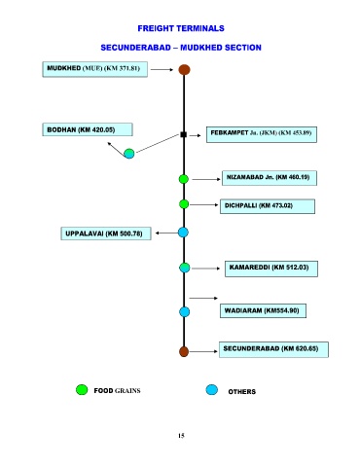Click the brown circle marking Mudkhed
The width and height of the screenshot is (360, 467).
click(x=184, y=69)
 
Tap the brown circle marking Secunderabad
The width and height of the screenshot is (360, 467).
click(x=184, y=351)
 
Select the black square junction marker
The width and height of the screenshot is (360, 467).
click(x=183, y=134)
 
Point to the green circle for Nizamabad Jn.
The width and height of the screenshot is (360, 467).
click(x=184, y=179)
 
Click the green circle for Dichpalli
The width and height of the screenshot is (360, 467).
click(x=184, y=204)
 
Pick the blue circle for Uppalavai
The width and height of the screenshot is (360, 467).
click(x=183, y=233)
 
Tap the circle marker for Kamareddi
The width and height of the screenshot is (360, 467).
click(x=185, y=268)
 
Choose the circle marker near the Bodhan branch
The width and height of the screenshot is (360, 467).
click(x=129, y=154)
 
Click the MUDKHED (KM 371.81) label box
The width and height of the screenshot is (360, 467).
click(x=95, y=69)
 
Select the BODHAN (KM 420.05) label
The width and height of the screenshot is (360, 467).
click(x=88, y=129)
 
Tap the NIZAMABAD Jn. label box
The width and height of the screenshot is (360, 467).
click(x=270, y=178)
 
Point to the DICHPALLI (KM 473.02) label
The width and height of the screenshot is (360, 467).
click(x=268, y=206)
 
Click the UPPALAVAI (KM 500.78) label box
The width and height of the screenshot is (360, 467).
click(x=106, y=233)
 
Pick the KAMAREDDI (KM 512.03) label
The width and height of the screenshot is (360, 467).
click(x=271, y=269)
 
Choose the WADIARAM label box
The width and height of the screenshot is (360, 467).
click(x=263, y=310)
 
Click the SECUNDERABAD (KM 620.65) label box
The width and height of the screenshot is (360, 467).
click(x=273, y=349)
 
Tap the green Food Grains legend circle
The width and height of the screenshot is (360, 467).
click(x=82, y=389)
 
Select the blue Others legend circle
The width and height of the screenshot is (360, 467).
click(x=212, y=389)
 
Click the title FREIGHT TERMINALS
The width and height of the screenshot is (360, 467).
click(x=181, y=28)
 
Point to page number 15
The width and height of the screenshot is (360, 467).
click(x=181, y=436)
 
